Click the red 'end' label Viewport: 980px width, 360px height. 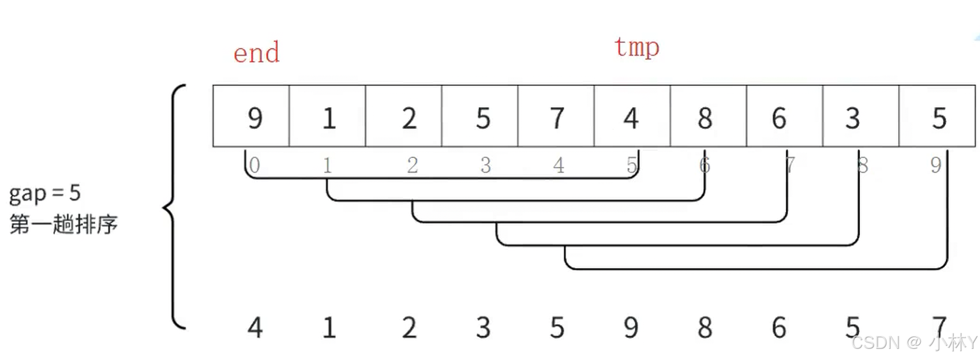click(256, 53)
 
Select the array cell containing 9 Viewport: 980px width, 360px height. click(252, 116)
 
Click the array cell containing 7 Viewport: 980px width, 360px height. click(556, 116)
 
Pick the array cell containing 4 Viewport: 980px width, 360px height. click(632, 116)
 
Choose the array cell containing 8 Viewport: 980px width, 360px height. click(708, 116)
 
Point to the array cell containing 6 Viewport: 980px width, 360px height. click(784, 116)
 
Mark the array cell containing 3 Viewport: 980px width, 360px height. click(860, 116)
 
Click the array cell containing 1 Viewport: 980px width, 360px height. click(328, 116)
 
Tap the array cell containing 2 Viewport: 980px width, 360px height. click(404, 116)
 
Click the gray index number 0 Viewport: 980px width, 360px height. click(255, 165)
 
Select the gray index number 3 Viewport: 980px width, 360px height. click(486, 165)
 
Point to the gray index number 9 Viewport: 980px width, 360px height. click(936, 165)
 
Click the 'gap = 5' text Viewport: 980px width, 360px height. click(45, 193)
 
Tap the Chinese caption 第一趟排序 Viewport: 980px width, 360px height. click(64, 224)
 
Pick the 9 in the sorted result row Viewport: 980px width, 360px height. click(631, 327)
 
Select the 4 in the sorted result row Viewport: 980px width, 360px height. click(255, 327)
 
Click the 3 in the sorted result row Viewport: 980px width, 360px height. click(483, 327)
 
